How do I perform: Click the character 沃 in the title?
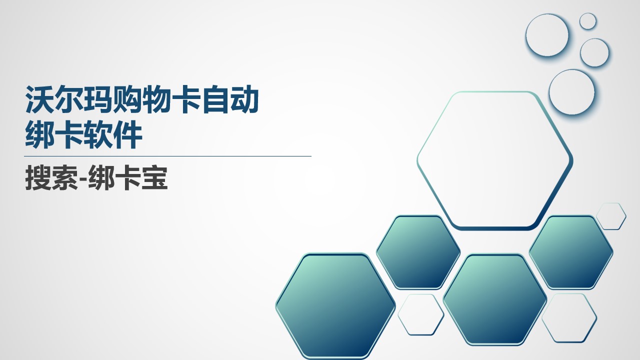tap(39, 99)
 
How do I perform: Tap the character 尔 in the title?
tap(69, 99)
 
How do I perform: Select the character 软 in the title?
tap(98, 134)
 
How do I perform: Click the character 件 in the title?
tap(127, 134)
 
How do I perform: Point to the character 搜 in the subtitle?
tap(38, 177)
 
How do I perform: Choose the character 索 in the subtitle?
tap(64, 177)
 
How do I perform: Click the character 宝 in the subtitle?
tap(154, 177)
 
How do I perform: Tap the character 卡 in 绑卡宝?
tap(127, 177)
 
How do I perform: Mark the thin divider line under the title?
tap(167, 156)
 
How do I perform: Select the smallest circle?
tap(588, 21)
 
